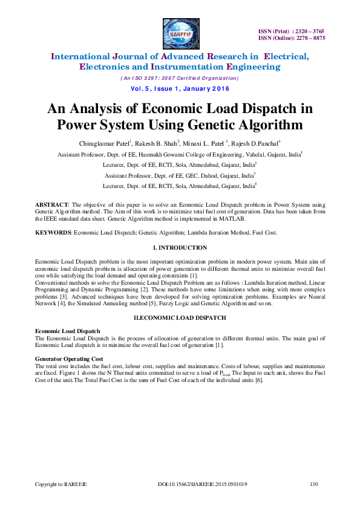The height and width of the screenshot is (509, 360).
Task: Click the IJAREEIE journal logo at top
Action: tap(180, 31)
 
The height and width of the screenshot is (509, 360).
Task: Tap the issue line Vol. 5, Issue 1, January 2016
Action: tap(180, 88)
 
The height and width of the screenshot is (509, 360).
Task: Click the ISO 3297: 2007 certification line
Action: tap(180, 79)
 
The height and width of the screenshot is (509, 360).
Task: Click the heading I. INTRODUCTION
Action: tap(180, 248)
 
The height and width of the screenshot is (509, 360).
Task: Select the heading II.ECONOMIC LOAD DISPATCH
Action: tap(180, 317)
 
